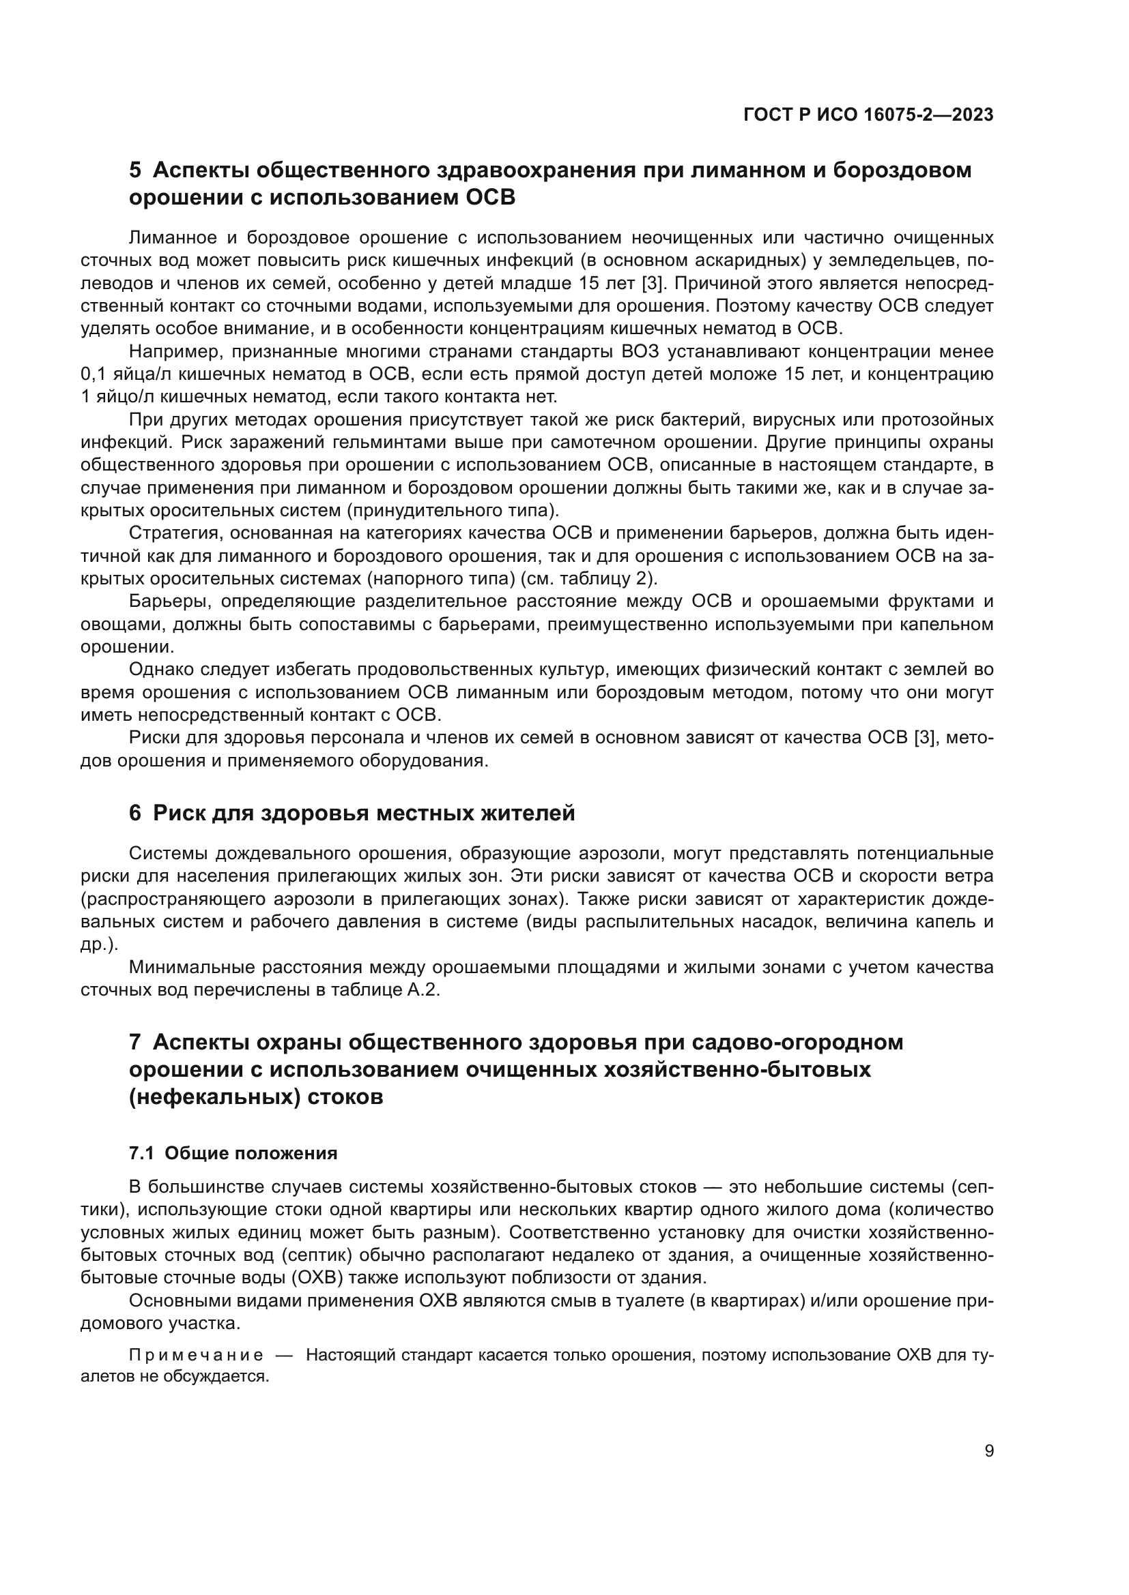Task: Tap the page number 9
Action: click(x=989, y=1451)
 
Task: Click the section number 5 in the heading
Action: click(x=135, y=170)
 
